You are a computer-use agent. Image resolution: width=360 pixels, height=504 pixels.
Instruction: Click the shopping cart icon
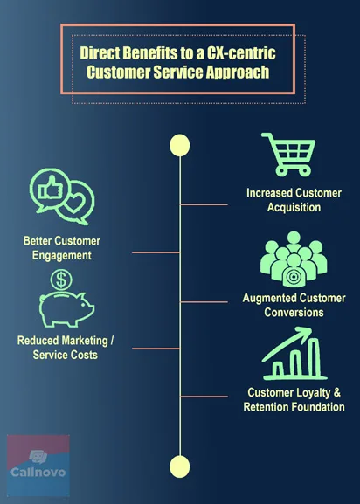289,155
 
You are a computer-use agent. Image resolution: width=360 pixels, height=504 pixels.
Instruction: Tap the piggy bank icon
66,309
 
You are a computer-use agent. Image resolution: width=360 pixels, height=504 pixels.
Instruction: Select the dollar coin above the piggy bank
61,280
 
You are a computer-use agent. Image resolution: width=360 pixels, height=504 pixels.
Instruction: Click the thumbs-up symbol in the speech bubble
50,188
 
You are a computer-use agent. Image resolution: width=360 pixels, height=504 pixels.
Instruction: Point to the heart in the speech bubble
74,203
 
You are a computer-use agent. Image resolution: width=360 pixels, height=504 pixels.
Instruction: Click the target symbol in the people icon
293,277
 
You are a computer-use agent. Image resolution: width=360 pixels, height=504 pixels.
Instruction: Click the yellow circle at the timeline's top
180,145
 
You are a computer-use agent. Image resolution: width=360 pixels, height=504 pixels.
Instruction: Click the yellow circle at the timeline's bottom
180,466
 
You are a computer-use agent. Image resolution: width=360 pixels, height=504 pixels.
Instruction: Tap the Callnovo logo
38,466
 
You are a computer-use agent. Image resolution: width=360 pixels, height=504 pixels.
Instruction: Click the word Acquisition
294,207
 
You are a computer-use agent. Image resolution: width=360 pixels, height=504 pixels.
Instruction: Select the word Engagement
62,256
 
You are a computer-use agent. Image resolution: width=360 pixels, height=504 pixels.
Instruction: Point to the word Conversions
294,313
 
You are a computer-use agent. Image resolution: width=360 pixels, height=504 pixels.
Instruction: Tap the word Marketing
85,341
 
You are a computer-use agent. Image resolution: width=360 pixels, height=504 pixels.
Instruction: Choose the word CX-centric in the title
241,52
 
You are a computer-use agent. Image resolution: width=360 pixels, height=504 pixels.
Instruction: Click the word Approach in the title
237,72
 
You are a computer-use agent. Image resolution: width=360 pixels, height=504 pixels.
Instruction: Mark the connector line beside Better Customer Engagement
156,252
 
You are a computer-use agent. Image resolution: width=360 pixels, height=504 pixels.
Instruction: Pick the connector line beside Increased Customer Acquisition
204,204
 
